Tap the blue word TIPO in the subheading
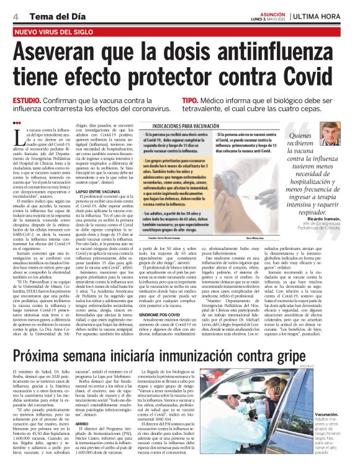click(x=190, y=100)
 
